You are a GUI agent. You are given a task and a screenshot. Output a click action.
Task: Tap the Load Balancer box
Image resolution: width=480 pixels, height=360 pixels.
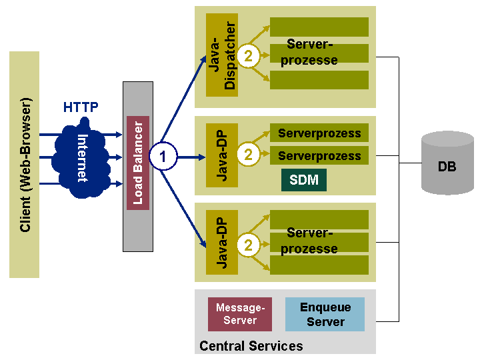[x=138, y=163]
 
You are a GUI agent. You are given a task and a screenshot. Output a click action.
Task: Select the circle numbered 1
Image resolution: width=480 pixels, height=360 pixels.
[x=163, y=157]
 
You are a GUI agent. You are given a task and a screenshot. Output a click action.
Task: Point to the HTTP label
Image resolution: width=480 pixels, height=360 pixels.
[x=81, y=107]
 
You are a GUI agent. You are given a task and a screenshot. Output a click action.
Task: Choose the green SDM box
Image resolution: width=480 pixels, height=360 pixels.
[x=304, y=180]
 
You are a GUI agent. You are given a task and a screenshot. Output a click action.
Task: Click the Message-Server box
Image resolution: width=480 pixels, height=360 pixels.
[x=240, y=314]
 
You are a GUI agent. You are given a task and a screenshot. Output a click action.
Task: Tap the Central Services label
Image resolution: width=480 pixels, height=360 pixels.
[x=251, y=346]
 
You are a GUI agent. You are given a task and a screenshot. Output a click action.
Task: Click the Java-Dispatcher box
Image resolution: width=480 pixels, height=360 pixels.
[x=222, y=55]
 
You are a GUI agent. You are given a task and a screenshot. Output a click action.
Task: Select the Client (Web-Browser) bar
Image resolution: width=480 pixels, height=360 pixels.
[x=25, y=165]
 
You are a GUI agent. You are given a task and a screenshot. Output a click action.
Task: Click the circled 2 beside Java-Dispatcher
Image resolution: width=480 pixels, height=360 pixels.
[x=249, y=57]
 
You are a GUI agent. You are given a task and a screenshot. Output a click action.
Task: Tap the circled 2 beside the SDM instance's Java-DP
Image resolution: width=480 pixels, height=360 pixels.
[x=249, y=155]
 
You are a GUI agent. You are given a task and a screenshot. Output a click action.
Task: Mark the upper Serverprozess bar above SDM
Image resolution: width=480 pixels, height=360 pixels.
[x=319, y=133]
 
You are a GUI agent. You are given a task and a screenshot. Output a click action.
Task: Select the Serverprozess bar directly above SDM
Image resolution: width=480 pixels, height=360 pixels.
[x=319, y=156]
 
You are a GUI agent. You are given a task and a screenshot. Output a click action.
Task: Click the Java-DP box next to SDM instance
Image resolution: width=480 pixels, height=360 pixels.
[x=222, y=156]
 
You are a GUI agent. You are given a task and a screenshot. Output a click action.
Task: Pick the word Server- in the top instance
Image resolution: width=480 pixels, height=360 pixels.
[x=309, y=45]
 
